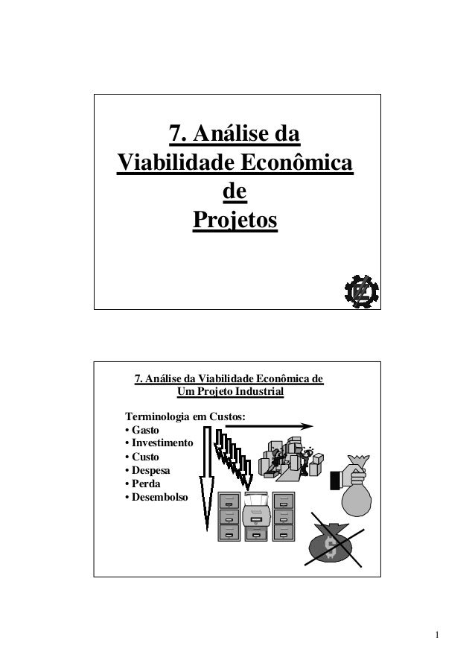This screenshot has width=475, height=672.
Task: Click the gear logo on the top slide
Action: [360, 290]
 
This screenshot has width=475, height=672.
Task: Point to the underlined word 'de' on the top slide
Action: [235, 191]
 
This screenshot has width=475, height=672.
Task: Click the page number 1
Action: [439, 635]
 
